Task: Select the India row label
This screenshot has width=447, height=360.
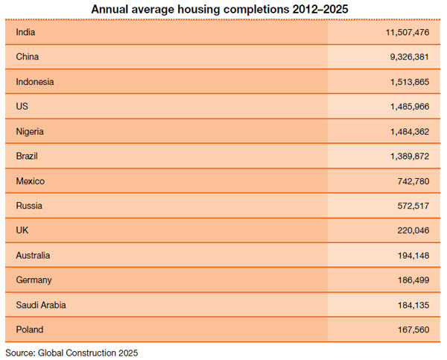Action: pos(25,32)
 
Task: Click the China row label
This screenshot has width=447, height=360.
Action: pos(27,57)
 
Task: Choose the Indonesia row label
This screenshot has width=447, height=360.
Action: pos(34,81)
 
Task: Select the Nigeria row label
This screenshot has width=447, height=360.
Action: pos(30,131)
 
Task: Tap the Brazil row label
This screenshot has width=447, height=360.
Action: pos(27,156)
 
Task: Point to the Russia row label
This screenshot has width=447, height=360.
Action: pos(28,206)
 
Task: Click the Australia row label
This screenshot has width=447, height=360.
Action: pos(33,255)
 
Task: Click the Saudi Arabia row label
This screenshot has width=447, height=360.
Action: pos(39,304)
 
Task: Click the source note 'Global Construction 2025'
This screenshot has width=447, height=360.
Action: pos(87,352)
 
